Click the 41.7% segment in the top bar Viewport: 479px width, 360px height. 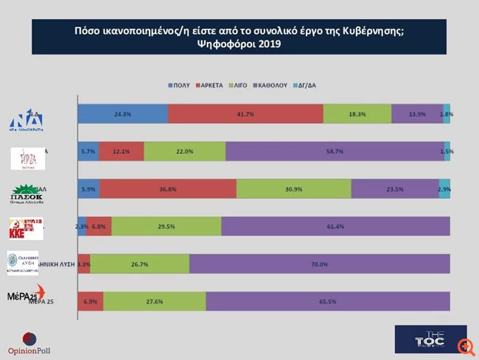(245, 115)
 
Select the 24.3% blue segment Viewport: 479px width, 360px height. (122, 115)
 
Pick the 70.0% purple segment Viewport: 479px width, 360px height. (319, 264)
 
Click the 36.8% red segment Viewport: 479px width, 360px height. (168, 188)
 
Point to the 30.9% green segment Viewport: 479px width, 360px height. (293, 188)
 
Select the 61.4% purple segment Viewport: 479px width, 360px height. (335, 226)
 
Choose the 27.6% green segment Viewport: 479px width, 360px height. (155, 301)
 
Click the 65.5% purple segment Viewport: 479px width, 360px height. (328, 301)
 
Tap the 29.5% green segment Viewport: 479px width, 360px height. (166, 226)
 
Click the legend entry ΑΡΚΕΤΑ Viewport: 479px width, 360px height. (211, 85)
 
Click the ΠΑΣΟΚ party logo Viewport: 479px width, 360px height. (27, 193)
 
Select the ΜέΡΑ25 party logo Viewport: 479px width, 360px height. (24, 294)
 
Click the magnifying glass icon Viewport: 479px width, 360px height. (464, 346)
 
